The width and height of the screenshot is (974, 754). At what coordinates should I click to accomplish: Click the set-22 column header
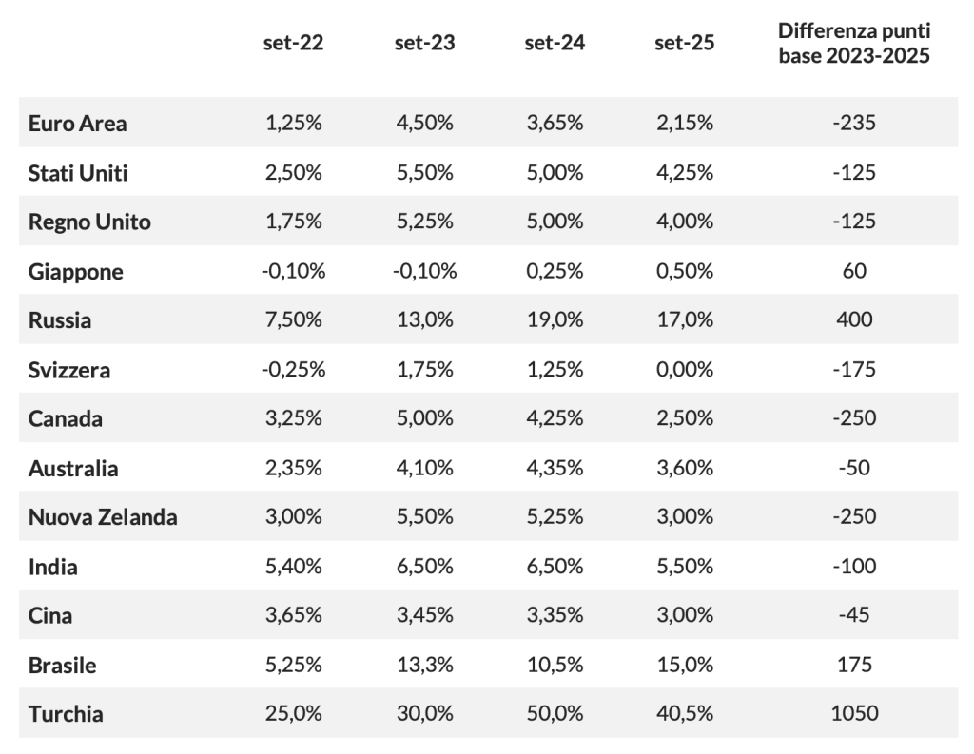pos(293,42)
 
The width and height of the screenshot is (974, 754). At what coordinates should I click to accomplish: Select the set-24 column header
pos(555,42)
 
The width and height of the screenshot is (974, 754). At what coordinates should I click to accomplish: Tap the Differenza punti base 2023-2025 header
pos(854,43)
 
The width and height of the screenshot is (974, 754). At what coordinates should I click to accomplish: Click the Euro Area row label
pos(78,123)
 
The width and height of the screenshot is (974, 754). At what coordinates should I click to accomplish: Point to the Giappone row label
pos(76,271)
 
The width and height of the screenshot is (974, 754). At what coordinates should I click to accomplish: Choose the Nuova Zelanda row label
pos(103,516)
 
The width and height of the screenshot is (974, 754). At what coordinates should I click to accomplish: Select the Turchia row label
pos(66,714)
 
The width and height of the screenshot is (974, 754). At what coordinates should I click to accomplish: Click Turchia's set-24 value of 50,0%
pos(555,713)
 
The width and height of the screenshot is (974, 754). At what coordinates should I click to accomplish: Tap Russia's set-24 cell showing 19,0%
pos(555,319)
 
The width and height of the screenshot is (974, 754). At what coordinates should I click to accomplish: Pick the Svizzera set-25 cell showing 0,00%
pos(685,369)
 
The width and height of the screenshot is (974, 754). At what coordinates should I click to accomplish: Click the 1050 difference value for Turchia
pos(854,713)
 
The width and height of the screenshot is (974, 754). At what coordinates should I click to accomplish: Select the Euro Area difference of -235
pos(854,123)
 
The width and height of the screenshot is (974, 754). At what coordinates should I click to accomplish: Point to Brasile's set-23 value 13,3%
pos(425,665)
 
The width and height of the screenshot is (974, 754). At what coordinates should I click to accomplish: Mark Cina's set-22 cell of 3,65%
pos(293,615)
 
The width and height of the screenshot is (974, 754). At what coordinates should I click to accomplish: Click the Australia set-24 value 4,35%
pos(555,467)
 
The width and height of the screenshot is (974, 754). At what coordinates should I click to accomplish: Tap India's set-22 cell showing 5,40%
pos(293,566)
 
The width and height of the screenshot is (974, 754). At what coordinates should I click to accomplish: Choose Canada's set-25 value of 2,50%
pos(685,418)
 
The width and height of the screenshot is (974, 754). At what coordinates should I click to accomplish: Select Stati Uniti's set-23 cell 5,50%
pos(425,172)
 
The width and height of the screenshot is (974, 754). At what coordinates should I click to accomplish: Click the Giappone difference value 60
pos(854,270)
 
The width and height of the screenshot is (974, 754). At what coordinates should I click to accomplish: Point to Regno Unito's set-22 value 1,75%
pos(293,222)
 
